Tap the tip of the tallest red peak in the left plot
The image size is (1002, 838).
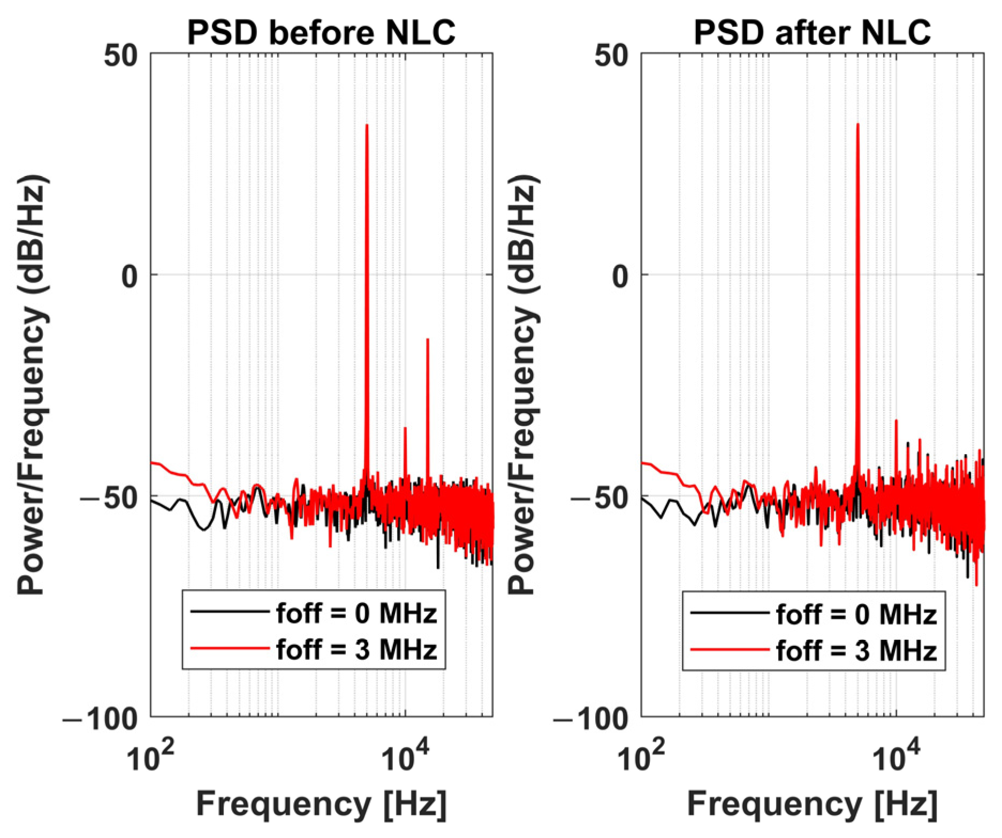(x=367, y=125)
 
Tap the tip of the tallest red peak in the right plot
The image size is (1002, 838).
(x=858, y=124)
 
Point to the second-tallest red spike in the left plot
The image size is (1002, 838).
(x=428, y=340)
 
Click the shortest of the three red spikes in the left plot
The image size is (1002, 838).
(x=405, y=428)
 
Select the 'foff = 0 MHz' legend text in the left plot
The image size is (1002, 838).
(x=356, y=613)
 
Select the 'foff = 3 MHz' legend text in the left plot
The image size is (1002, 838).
(x=356, y=650)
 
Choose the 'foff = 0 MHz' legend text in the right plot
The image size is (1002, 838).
(x=856, y=615)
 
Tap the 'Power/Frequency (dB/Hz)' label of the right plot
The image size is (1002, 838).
(x=521, y=386)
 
